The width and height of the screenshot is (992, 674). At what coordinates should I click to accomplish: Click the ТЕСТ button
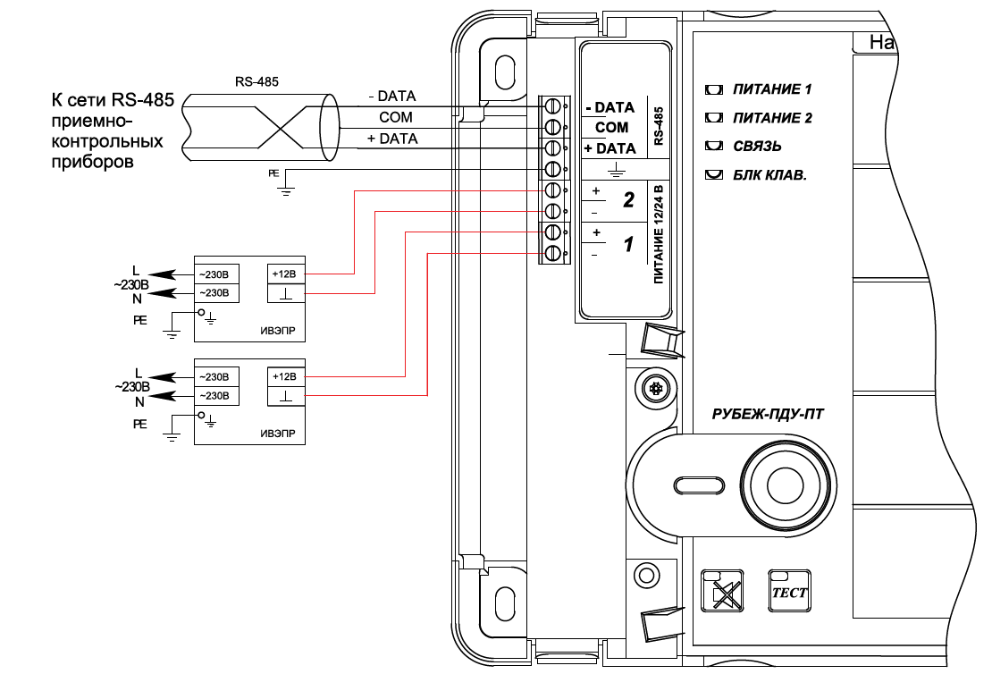click(x=789, y=591)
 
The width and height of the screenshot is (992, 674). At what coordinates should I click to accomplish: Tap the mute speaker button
click(x=722, y=591)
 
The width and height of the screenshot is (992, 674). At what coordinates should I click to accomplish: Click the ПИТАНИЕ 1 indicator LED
click(x=714, y=89)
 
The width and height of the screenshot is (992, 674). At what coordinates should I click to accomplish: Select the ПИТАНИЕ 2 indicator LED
click(x=714, y=118)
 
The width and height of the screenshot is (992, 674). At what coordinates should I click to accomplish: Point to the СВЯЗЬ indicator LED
click(x=714, y=147)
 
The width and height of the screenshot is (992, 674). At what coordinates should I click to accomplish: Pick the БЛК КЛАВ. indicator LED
click(x=714, y=174)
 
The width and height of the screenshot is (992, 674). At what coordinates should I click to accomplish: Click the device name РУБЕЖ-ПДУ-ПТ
click(x=768, y=415)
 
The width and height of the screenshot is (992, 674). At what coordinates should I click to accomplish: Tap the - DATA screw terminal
click(x=552, y=105)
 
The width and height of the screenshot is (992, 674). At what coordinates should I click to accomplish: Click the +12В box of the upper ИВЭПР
click(x=286, y=274)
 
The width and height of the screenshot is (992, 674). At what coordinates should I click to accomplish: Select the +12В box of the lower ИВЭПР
click(x=286, y=376)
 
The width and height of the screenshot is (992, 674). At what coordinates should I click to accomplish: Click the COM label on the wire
click(x=396, y=117)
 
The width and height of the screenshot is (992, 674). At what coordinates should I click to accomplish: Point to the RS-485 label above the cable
click(x=256, y=81)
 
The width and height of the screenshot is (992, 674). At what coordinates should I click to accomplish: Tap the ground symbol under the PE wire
click(x=286, y=190)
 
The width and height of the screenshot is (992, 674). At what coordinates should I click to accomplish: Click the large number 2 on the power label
click(x=628, y=200)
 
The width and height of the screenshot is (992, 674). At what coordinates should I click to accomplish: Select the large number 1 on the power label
click(x=628, y=244)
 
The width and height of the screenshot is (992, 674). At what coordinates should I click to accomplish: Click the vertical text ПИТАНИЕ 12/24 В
click(x=659, y=234)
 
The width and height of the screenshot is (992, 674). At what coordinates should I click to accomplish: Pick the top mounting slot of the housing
click(x=505, y=72)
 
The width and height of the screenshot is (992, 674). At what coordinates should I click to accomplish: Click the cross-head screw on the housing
click(x=656, y=387)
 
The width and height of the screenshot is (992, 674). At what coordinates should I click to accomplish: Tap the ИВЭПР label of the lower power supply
click(x=278, y=434)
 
